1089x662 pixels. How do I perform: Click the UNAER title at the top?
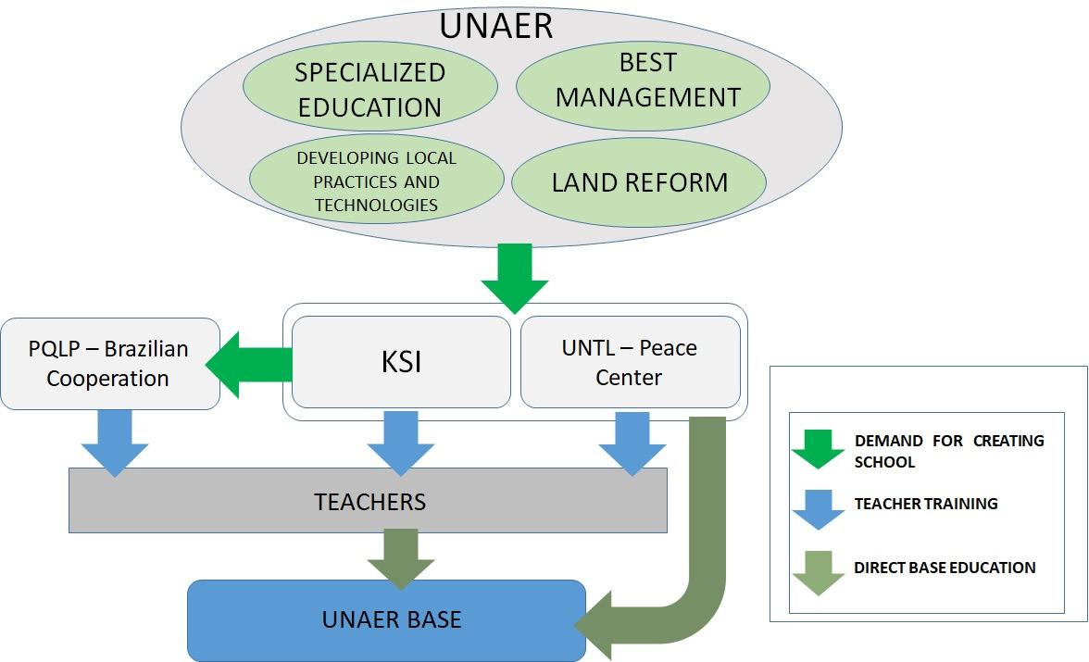pyautogui.click(x=496, y=27)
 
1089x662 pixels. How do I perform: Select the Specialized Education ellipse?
pyautogui.click(x=370, y=87)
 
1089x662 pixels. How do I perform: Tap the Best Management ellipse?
pyautogui.click(x=643, y=86)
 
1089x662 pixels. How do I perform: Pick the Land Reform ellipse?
pyautogui.click(x=639, y=182)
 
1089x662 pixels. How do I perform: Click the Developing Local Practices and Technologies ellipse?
pyautogui.click(x=376, y=180)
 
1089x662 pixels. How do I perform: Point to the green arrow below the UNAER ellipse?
pyautogui.click(x=515, y=278)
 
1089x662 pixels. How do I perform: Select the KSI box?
pyautogui.click(x=402, y=362)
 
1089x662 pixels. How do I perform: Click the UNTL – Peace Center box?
pyautogui.click(x=630, y=362)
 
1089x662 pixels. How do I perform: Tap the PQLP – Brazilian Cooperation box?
pyautogui.click(x=110, y=363)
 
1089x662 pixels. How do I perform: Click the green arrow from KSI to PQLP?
pyautogui.click(x=249, y=365)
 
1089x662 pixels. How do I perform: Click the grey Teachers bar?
pyautogui.click(x=369, y=501)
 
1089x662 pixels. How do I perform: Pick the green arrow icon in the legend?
pyautogui.click(x=819, y=449)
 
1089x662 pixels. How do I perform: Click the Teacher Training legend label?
pyautogui.click(x=926, y=504)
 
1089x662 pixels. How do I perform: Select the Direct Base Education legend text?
pyautogui.click(x=945, y=568)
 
